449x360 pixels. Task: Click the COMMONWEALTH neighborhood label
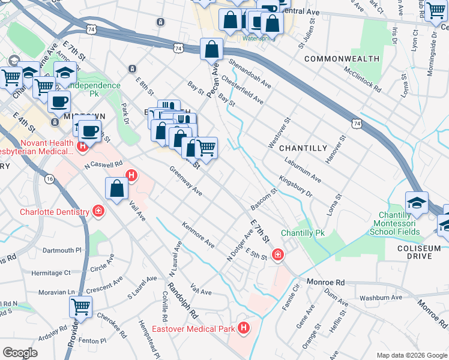342,59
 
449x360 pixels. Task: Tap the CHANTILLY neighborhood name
303,148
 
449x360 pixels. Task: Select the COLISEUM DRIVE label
414,251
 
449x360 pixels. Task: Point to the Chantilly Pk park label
303,233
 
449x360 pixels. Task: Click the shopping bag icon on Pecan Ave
212,49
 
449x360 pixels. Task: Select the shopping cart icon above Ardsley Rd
80,307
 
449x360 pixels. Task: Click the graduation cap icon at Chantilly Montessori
417,203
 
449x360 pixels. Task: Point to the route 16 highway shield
49,179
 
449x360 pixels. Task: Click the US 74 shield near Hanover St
356,123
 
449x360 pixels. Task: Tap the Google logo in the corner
20,353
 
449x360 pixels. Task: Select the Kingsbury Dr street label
295,187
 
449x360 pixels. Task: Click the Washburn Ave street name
381,297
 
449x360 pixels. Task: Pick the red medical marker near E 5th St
277,254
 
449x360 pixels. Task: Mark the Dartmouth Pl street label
61,250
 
